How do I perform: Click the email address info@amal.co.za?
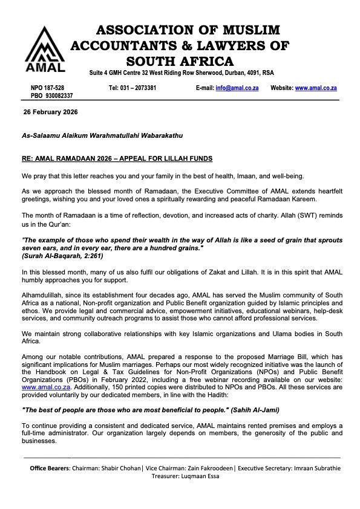pos(237,88)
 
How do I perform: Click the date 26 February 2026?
pos(50,112)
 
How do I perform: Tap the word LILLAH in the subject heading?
pos(174,158)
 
